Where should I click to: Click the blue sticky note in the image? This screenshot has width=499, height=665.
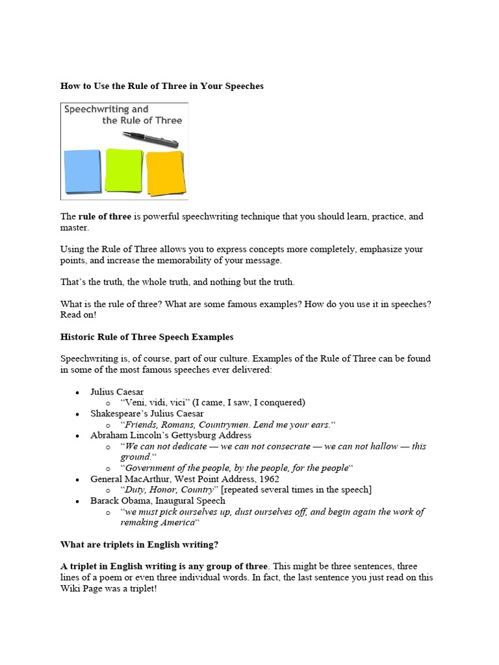point(83,171)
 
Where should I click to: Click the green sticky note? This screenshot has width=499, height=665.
point(123,169)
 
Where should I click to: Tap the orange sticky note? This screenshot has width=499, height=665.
point(165,172)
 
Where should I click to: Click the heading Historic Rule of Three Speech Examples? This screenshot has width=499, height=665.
point(147,337)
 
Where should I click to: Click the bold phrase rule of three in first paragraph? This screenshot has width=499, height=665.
point(105,216)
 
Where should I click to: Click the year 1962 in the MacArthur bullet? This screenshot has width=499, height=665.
point(268,479)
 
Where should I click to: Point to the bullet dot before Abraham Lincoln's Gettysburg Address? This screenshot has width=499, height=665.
point(77,436)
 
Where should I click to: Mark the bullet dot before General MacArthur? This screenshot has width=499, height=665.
point(77,479)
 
